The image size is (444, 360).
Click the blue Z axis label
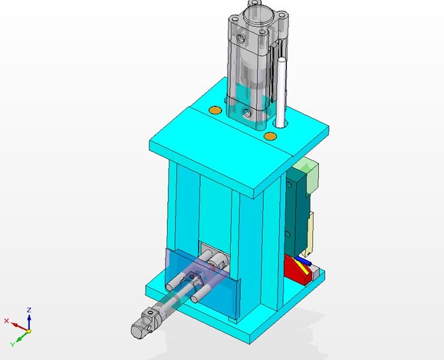coord(28,309)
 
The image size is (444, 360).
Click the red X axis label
coord(7,321)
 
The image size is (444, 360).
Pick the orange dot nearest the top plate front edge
coord(269,136)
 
